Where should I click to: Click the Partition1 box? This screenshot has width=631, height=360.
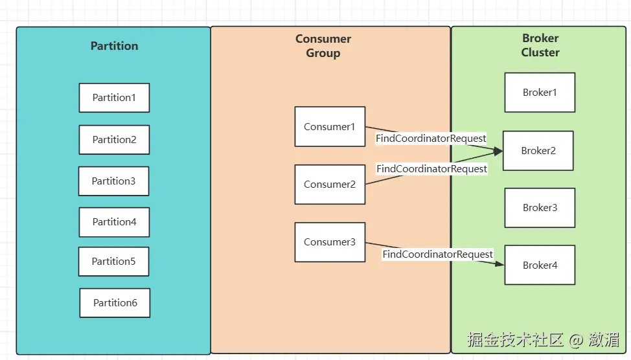(114, 98)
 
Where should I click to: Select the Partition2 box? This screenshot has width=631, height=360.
(114, 140)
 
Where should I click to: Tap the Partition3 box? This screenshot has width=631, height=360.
(113, 181)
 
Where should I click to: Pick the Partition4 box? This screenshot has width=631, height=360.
(114, 222)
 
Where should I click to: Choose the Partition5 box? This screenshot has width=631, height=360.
(113, 262)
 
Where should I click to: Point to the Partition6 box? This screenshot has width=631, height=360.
(115, 303)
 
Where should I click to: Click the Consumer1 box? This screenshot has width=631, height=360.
(330, 127)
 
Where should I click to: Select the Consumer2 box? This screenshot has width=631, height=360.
(330, 185)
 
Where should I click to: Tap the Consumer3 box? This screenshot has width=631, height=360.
(330, 242)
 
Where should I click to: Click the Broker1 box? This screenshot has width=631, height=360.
(540, 93)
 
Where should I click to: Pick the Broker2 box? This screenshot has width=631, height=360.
(538, 151)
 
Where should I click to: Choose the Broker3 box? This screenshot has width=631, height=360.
(540, 208)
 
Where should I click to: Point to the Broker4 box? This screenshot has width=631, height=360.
(540, 265)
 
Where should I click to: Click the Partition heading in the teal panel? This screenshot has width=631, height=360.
(114, 46)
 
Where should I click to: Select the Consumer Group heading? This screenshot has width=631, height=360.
(323, 46)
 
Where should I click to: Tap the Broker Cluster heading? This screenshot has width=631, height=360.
(540, 45)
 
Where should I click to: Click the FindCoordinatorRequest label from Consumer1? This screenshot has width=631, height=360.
(431, 139)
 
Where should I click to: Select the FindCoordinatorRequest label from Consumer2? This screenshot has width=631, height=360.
(431, 169)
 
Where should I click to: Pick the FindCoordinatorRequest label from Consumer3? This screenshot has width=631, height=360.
(437, 254)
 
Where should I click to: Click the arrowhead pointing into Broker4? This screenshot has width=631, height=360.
(500, 263)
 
